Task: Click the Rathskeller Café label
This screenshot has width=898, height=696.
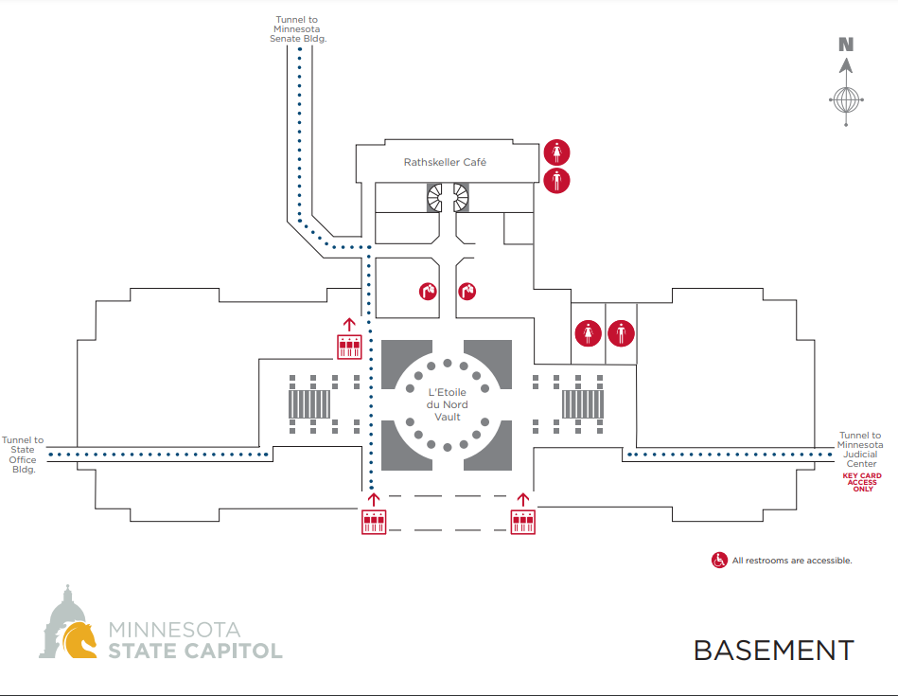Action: (445, 162)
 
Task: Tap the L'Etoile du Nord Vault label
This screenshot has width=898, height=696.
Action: (448, 404)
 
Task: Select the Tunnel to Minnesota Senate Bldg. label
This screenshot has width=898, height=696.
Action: (298, 29)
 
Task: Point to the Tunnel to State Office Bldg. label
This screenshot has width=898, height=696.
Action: (23, 455)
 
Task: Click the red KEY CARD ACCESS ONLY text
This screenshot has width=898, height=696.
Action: (862, 482)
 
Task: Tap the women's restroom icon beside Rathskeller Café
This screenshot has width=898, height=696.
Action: (556, 152)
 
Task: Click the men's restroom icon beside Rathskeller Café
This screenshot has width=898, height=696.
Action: (556, 180)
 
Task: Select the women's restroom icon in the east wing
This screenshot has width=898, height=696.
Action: (589, 333)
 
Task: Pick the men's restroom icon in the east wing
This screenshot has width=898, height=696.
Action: (621, 333)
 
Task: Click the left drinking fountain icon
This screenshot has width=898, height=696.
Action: (428, 292)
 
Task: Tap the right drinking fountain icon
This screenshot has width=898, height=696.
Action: (467, 292)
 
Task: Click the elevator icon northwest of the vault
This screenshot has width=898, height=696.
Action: (349, 347)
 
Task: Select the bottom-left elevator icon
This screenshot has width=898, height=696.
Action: (374, 522)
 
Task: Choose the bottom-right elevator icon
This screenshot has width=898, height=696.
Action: (523, 522)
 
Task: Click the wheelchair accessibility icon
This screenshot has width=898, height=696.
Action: (719, 561)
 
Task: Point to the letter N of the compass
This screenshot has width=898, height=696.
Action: (846, 45)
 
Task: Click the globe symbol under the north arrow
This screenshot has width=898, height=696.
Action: (847, 100)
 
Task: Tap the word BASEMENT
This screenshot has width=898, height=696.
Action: (774, 651)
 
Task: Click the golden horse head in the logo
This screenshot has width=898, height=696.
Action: (79, 640)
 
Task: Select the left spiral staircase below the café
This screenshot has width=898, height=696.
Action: (434, 198)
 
